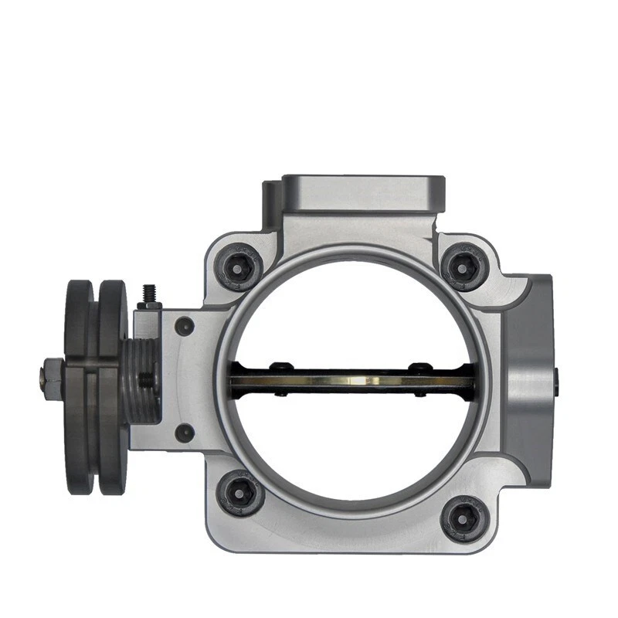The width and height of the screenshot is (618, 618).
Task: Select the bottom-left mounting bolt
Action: point(239,492)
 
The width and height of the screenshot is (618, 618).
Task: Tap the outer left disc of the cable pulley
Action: point(77,386)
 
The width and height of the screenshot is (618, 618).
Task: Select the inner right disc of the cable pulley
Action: point(113,386)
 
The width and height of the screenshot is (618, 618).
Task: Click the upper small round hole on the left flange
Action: point(184,327)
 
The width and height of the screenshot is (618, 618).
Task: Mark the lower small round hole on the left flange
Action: point(184,433)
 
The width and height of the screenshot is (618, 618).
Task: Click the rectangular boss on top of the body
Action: point(363,193)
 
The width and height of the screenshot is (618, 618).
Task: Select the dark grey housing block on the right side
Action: point(529,371)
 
